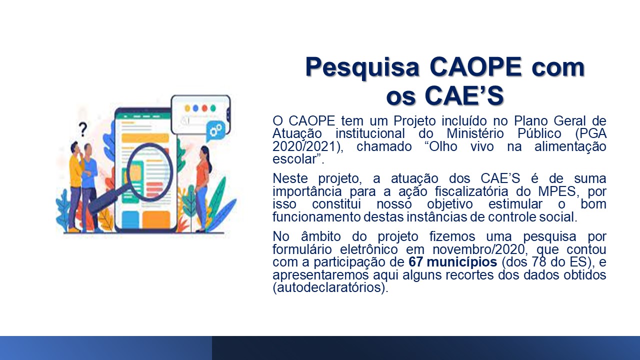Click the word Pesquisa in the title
[x=362, y=67]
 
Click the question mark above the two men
[x=83, y=129]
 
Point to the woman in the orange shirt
[x=203, y=188]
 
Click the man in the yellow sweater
[x=75, y=185]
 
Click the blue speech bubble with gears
[x=215, y=131]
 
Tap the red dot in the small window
[x=204, y=108]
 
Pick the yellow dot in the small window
[x=187, y=108]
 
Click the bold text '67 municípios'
[x=452, y=262]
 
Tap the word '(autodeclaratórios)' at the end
[x=330, y=287]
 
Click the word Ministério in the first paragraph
[x=475, y=133]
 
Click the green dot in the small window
[x=213, y=108]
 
